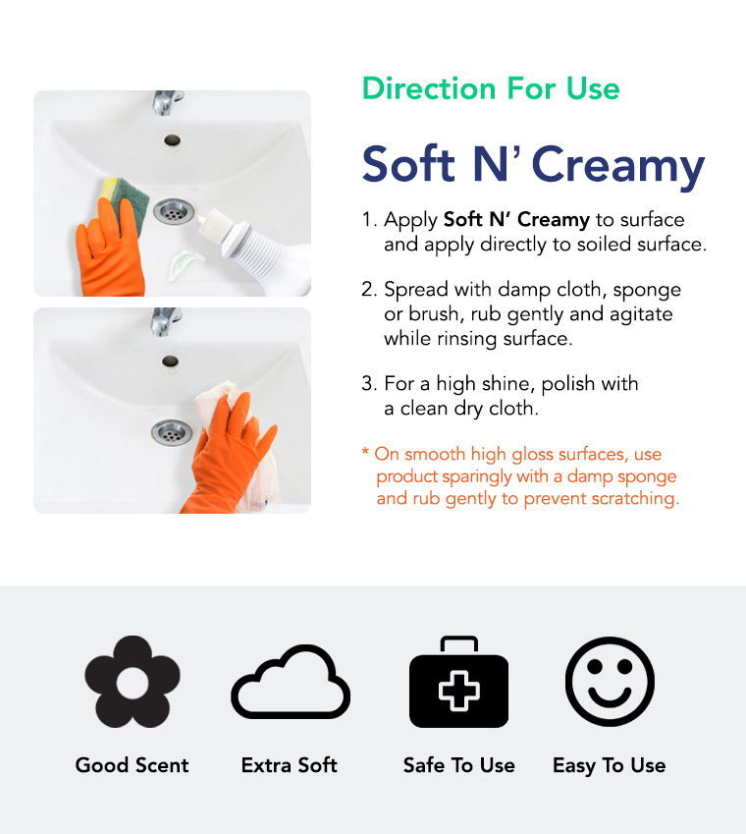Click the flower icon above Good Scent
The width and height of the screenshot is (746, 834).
coord(133,681)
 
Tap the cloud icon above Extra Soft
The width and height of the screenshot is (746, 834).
coord(290,682)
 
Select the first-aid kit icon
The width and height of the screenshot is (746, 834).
coord(458,684)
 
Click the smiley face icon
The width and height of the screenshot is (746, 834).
coord(610,682)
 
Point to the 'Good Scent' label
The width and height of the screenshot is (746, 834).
coord(133,765)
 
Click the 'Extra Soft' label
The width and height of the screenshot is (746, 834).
coord(290,765)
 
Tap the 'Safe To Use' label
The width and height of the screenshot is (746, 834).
coord(458,765)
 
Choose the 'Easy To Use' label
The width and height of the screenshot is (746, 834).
coord(610,765)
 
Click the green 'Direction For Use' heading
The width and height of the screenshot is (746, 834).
coord(491,88)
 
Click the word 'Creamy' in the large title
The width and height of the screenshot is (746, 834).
coord(618,165)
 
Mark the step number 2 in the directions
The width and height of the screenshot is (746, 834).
coord(368,290)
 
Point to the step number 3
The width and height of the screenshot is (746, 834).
coord(368,383)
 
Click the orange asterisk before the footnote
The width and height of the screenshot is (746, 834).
coord(365,454)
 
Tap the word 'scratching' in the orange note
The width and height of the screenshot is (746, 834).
coord(635,499)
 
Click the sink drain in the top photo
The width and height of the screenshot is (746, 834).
coord(173,209)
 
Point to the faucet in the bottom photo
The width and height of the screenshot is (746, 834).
coord(165,321)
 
